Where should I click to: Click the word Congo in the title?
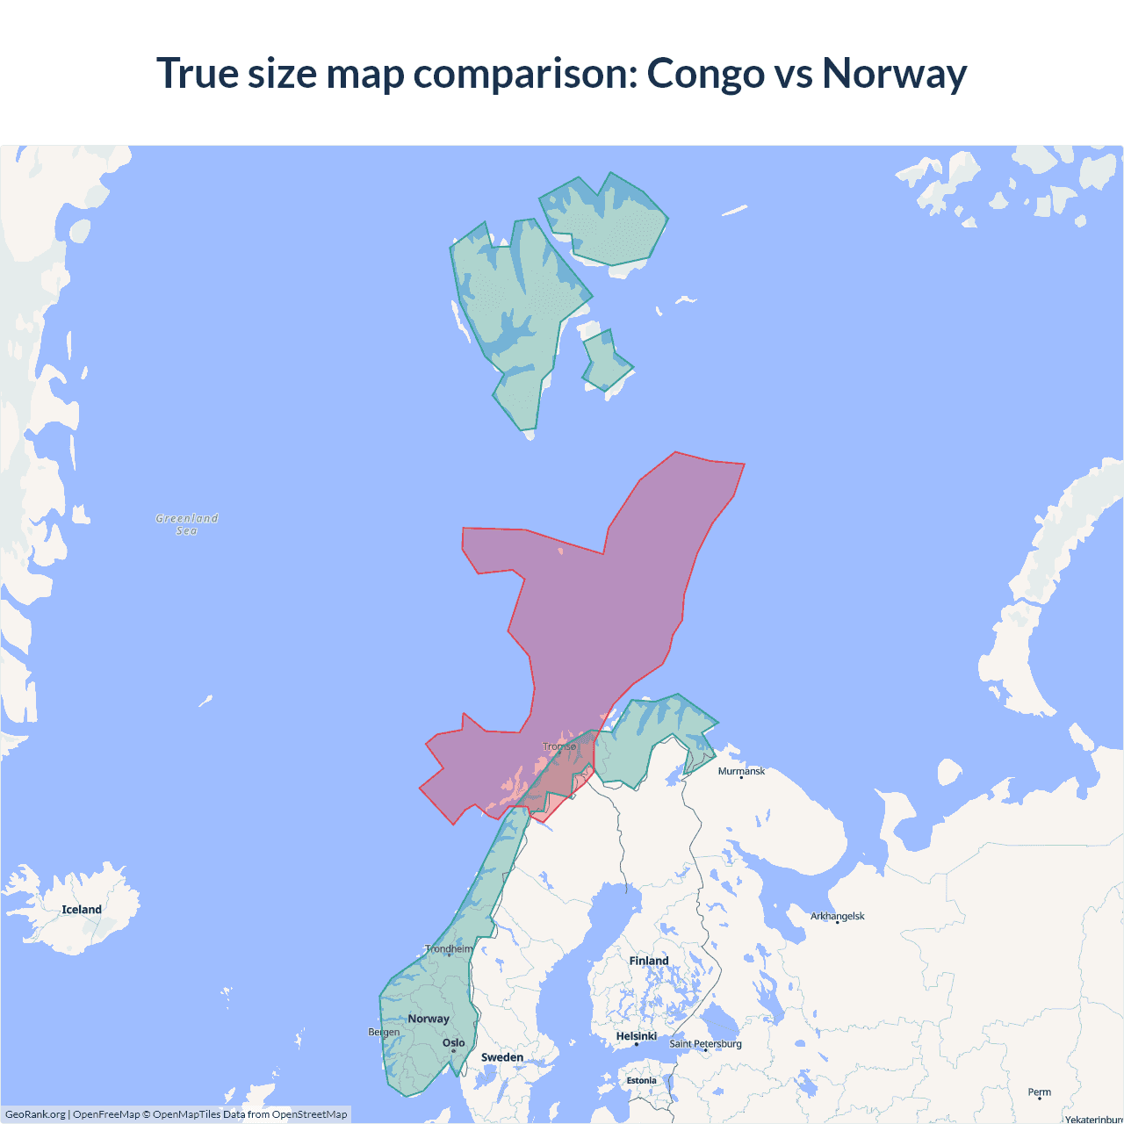pos(705,74)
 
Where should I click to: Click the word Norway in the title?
pos(894,74)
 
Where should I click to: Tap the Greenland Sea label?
pos(187,524)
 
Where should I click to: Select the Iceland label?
pos(82,910)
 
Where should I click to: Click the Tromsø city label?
pos(559,747)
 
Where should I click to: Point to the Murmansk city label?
pos(741,772)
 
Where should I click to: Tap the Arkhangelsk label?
pos(837,917)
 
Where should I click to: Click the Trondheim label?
pos(449,949)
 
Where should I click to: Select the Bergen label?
pos(384,1032)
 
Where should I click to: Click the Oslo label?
pos(454,1043)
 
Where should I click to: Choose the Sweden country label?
pos(502,1057)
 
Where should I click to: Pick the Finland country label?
pos(649,961)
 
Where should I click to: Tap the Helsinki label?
pos(637,1037)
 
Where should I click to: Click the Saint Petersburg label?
pos(705,1044)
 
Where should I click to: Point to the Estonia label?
pos(641,1081)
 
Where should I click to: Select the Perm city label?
pos(1040,1092)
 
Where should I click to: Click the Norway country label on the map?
pos(429,1019)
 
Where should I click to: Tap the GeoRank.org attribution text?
pos(35,1114)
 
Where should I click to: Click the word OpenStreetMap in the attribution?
pos(309,1114)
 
